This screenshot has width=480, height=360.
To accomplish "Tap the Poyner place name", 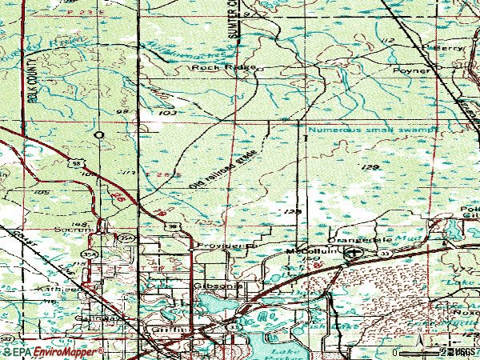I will (411, 70).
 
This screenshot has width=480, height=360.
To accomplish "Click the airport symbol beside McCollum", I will (352, 254).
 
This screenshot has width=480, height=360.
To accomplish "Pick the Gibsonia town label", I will (211, 284).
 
